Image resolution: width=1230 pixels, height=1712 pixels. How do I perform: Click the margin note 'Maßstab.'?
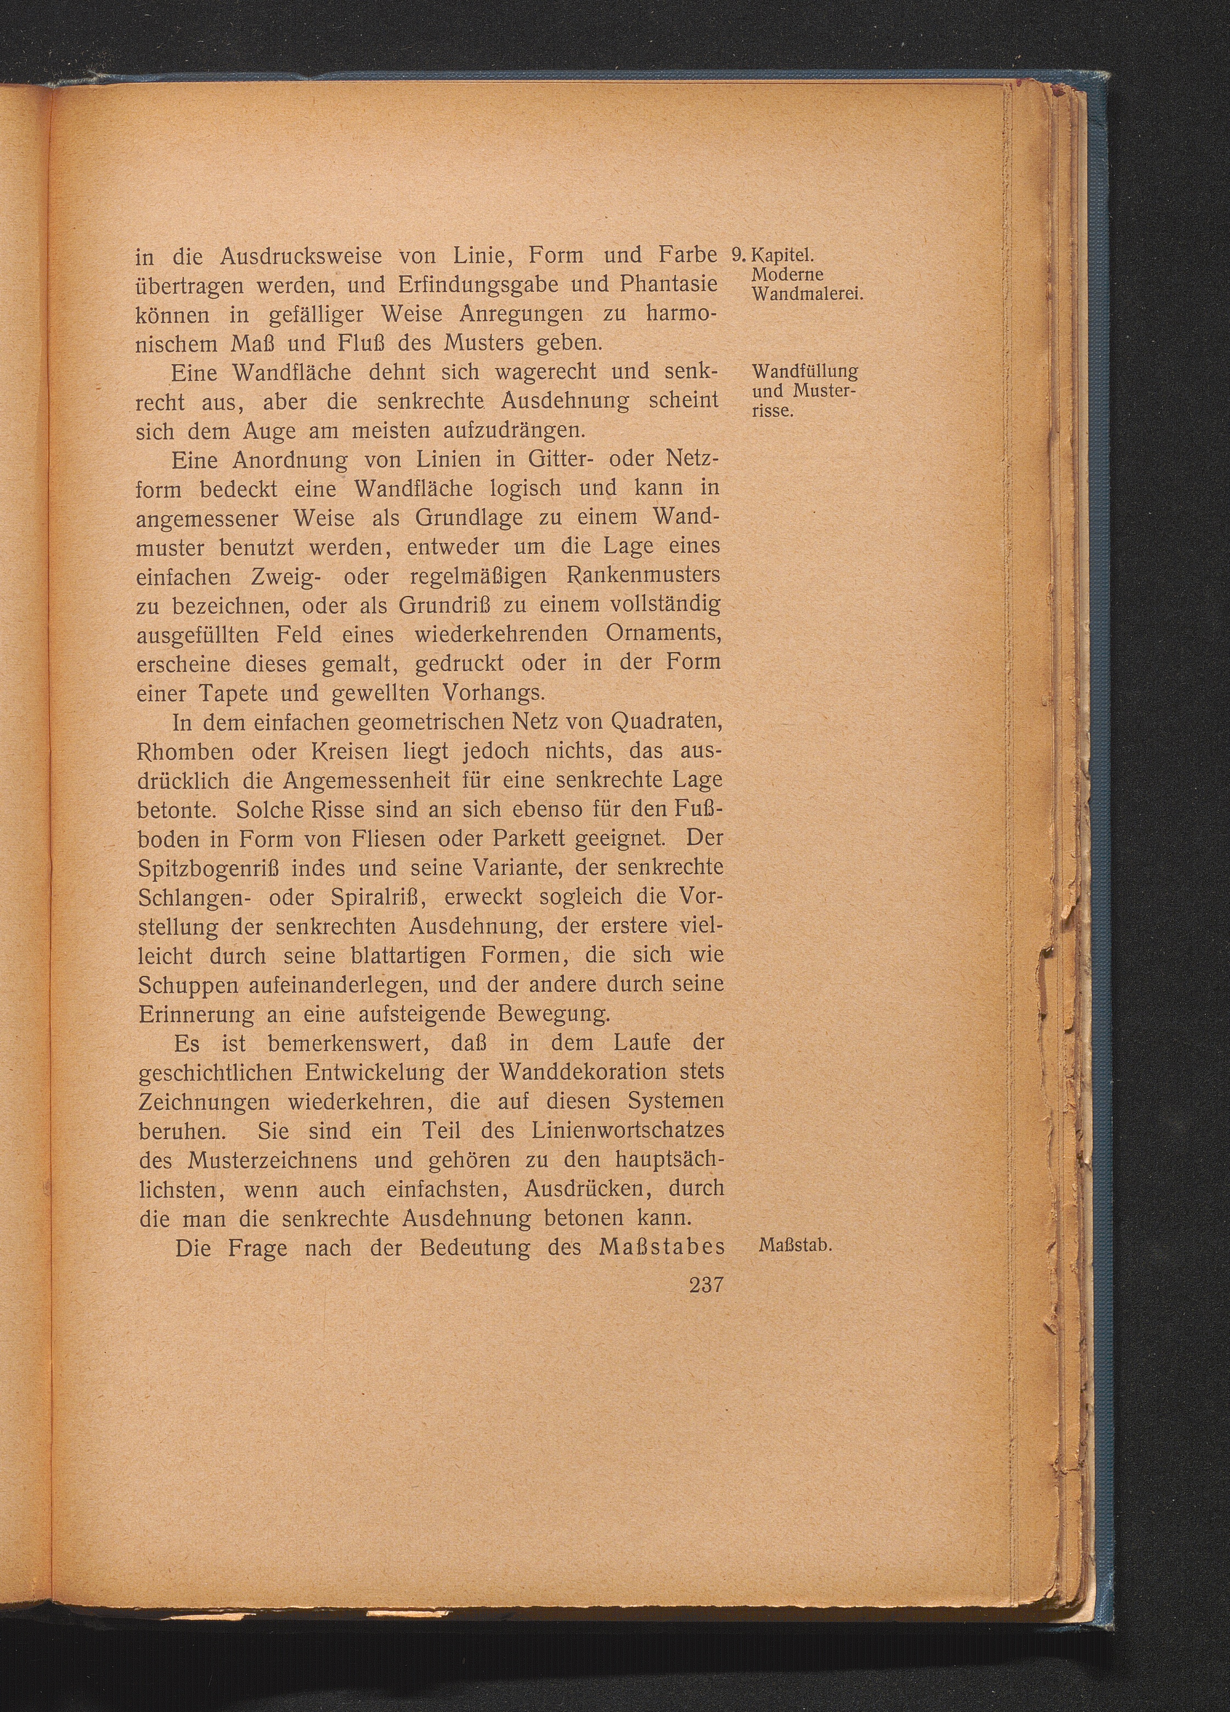pos(794,1246)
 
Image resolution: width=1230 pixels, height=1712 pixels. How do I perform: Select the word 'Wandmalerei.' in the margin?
pos(807,295)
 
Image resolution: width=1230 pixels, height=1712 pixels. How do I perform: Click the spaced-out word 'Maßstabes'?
pos(662,1247)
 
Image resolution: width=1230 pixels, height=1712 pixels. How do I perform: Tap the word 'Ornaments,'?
pos(664,634)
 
